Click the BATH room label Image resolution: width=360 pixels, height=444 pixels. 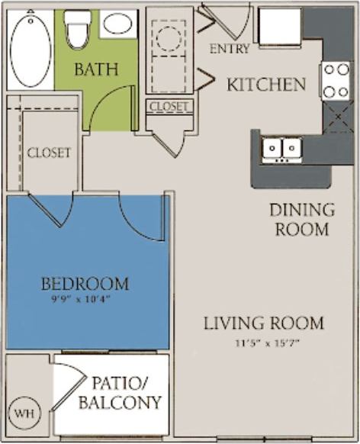[95, 69]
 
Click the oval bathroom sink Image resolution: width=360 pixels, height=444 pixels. [117, 24]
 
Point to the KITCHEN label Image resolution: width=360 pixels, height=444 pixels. [266, 84]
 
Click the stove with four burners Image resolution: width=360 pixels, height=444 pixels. [334, 80]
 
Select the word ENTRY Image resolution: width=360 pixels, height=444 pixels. [229, 49]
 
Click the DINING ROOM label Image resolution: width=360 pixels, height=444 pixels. [301, 219]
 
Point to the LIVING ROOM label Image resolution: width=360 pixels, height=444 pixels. [263, 323]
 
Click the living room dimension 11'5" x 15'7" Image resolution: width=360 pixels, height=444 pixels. [263, 341]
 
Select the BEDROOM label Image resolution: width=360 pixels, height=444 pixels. [85, 284]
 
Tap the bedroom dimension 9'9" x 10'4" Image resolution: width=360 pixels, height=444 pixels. [85, 298]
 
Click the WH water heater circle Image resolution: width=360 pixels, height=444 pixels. [24, 413]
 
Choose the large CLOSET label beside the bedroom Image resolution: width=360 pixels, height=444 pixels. [49, 153]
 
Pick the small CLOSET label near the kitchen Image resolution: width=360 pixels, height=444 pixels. [169, 107]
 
